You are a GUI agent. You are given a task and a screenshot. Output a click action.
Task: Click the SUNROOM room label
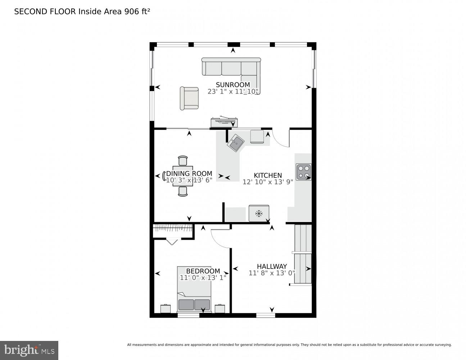click(x=232, y=85)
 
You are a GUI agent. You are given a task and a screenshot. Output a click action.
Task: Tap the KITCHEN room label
click(x=268, y=175)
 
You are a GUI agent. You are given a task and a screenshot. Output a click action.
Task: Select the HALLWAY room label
click(x=272, y=266)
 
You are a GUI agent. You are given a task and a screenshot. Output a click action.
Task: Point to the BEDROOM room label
click(x=203, y=271)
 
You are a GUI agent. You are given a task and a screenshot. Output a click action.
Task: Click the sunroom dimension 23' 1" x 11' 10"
click(x=233, y=91)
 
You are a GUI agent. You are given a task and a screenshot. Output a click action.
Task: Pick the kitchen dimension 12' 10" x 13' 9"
click(x=268, y=182)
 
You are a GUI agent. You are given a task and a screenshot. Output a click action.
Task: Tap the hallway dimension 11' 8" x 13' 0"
click(x=272, y=273)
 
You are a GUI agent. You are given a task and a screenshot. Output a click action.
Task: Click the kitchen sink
click(x=236, y=143)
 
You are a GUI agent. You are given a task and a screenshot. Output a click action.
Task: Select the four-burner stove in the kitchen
click(x=303, y=172)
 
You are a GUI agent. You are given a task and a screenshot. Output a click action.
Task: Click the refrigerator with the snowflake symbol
click(x=259, y=213)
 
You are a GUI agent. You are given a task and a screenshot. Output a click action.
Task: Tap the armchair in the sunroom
click(x=189, y=98)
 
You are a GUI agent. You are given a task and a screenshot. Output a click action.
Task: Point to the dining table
click(x=183, y=176)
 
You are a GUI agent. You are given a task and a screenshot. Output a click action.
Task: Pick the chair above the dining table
click(x=183, y=161)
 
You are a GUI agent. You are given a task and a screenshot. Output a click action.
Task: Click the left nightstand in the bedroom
click(x=166, y=309)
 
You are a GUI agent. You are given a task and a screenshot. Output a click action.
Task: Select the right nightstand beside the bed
click(x=220, y=309)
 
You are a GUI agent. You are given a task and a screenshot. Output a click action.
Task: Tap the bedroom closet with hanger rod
click(x=173, y=230)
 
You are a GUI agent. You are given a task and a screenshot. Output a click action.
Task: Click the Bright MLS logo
click(x=29, y=350)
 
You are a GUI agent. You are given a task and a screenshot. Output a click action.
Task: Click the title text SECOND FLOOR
click(x=45, y=12)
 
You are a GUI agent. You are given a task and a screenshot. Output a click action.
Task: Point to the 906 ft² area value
click(x=137, y=12)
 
